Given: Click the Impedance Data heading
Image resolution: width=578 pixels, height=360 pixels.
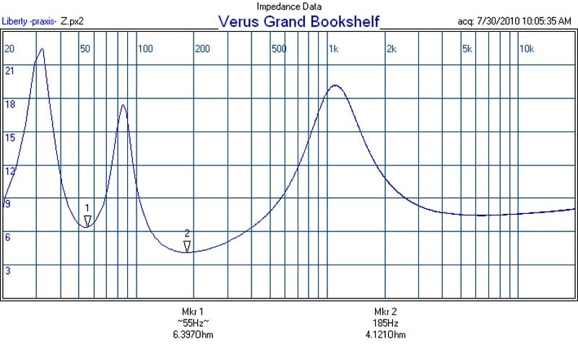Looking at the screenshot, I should pos(289,7).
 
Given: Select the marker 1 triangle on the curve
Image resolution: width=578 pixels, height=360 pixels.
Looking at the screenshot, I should pos(87,220).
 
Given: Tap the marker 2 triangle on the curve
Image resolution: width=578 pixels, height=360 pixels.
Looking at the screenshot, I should pos(187,247).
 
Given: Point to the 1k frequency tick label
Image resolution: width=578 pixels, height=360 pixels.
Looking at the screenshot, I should pos(333,49).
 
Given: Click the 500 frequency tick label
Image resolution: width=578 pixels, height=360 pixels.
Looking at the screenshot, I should pos(279,49).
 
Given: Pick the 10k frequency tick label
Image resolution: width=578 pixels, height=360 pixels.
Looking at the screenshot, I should pos(527,49).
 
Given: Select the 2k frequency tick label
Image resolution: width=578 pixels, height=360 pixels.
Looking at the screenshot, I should pos(391,49).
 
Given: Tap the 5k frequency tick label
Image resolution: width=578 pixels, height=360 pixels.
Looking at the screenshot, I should pos(467,49).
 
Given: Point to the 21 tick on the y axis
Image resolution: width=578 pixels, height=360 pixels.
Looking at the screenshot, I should pos(10,71).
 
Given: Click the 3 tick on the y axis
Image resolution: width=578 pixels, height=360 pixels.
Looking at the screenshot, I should pos(8,271).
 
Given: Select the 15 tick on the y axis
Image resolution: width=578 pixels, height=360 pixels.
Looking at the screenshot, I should pos(10,137).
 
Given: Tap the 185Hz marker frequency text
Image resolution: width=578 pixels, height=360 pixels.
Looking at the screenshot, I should pos(386,323).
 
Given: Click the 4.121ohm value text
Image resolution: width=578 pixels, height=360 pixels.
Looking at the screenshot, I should pos(386,335).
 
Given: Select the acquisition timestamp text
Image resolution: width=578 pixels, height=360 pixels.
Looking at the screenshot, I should pos(515,21).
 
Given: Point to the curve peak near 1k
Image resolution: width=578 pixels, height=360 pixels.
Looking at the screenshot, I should pos(335,85).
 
